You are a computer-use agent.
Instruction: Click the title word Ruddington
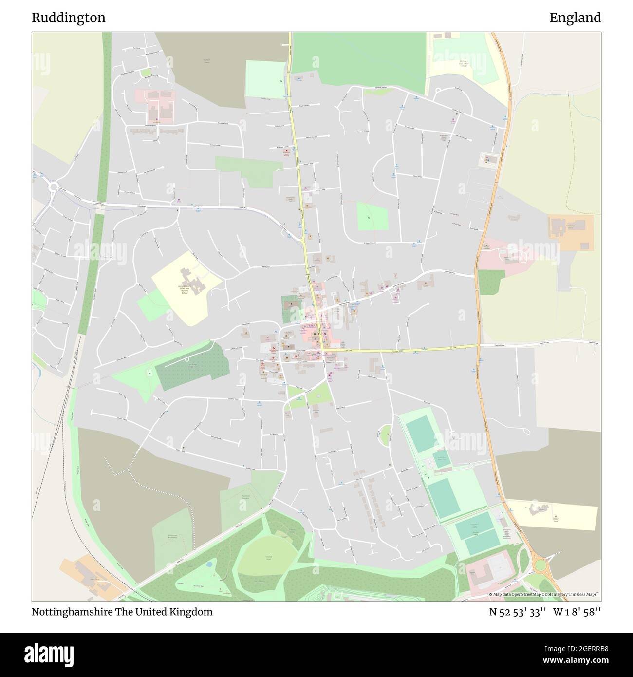coord(69,18)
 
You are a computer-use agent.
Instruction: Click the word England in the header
coord(575,18)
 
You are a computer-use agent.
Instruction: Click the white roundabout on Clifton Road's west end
coord(53,186)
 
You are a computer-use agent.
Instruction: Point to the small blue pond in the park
coord(209,564)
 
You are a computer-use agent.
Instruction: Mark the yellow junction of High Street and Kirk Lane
coord(322,350)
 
